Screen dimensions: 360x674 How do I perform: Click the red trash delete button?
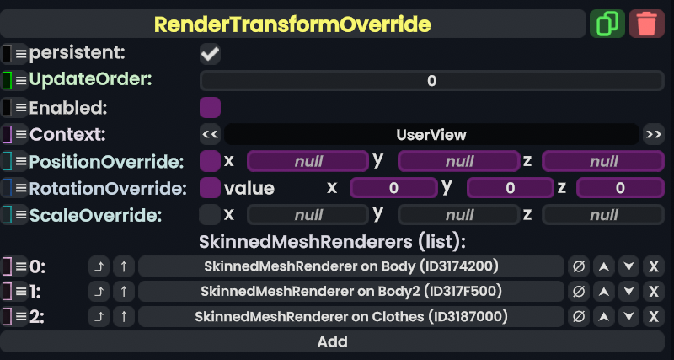tap(646, 24)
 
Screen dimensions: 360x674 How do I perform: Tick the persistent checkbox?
tap(210, 54)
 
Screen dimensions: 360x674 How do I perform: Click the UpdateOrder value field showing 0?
tap(431, 81)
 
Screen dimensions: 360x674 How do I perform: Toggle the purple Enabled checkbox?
tap(210, 108)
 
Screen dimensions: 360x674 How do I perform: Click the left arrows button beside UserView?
tap(211, 135)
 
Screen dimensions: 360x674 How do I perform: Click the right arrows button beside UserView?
tap(653, 135)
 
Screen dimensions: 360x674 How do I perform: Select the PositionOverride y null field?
tap(458, 161)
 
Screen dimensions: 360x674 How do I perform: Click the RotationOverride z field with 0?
tap(620, 188)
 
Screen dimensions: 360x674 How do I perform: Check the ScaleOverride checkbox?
tap(210, 214)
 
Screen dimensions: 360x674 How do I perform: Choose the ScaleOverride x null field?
tap(308, 215)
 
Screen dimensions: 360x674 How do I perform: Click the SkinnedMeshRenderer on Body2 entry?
tap(350, 292)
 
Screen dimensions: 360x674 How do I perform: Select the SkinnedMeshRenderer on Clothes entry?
tap(350, 317)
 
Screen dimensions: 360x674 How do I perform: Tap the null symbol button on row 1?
tap(578, 292)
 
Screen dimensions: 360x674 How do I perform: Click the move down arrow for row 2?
tap(629, 317)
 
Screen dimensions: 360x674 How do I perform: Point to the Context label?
tap(67, 135)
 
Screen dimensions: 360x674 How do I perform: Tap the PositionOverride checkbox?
tap(210, 161)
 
